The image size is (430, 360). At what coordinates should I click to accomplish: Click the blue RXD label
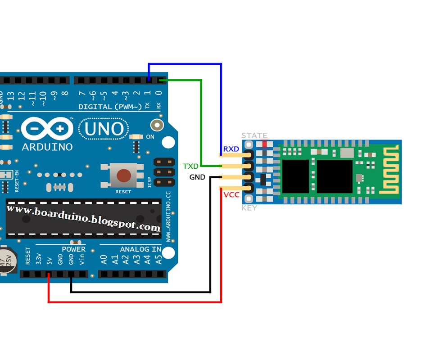(x=231, y=149)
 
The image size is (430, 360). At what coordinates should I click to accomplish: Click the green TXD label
(x=190, y=166)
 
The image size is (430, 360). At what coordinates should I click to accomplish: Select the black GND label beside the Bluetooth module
(x=197, y=177)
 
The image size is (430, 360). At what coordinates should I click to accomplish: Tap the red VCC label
(x=231, y=195)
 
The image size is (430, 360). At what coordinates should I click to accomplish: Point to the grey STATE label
(x=254, y=135)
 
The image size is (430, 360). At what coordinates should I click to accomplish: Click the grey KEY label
(x=249, y=208)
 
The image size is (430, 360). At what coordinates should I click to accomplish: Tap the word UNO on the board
(x=104, y=129)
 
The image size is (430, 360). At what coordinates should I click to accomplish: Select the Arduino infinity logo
(x=47, y=129)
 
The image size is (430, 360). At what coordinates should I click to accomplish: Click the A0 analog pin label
(x=104, y=259)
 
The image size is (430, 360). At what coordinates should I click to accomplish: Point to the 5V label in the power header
(x=50, y=260)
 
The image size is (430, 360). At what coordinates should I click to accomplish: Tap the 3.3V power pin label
(x=39, y=259)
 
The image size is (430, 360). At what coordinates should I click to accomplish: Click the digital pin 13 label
(x=10, y=96)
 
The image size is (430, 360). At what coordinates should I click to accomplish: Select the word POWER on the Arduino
(x=73, y=249)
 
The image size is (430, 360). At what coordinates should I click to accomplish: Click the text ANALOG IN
(x=140, y=249)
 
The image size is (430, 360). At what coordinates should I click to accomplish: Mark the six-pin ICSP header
(x=164, y=171)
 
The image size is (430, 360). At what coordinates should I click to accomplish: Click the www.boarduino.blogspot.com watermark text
(x=84, y=218)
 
